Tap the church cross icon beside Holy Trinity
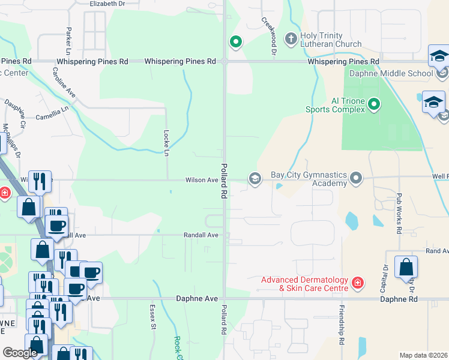(291, 40)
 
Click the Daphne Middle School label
(391, 74)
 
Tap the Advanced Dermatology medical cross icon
(358, 283)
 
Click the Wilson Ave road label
(202, 180)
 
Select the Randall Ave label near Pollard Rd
(201, 235)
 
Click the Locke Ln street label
(167, 143)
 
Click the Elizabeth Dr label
(107, 4)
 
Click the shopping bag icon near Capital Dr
(406, 267)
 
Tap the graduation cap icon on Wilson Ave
(255, 178)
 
